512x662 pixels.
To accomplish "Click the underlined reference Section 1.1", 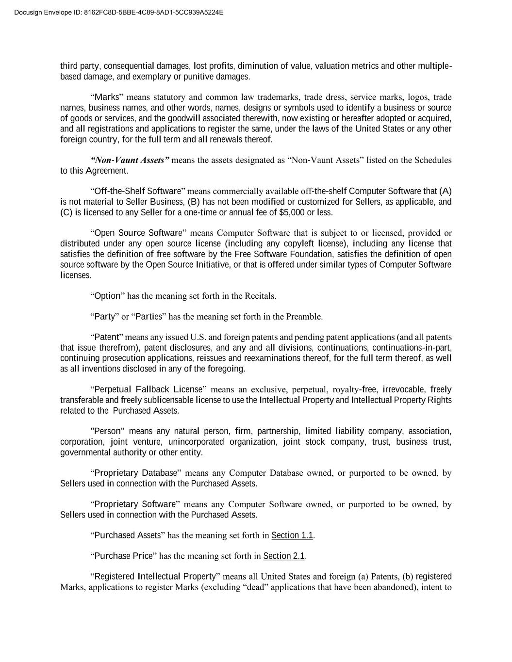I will pyautogui.click(x=292, y=535).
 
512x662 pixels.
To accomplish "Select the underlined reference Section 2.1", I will pyautogui.click(x=284, y=556).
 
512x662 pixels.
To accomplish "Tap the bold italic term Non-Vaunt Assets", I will pyautogui.click(x=130, y=160).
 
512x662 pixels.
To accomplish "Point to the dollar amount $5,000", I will pyautogui.click(x=292, y=212).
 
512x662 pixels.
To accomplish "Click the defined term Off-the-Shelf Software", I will pyautogui.click(x=138, y=191).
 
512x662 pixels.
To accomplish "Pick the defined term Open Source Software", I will pyautogui.click(x=138, y=233).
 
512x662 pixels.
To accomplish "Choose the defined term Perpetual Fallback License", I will pyautogui.click(x=149, y=389).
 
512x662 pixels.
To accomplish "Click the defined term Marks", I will pyautogui.click(x=106, y=97).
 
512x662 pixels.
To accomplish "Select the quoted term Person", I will pyautogui.click(x=108, y=431).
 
